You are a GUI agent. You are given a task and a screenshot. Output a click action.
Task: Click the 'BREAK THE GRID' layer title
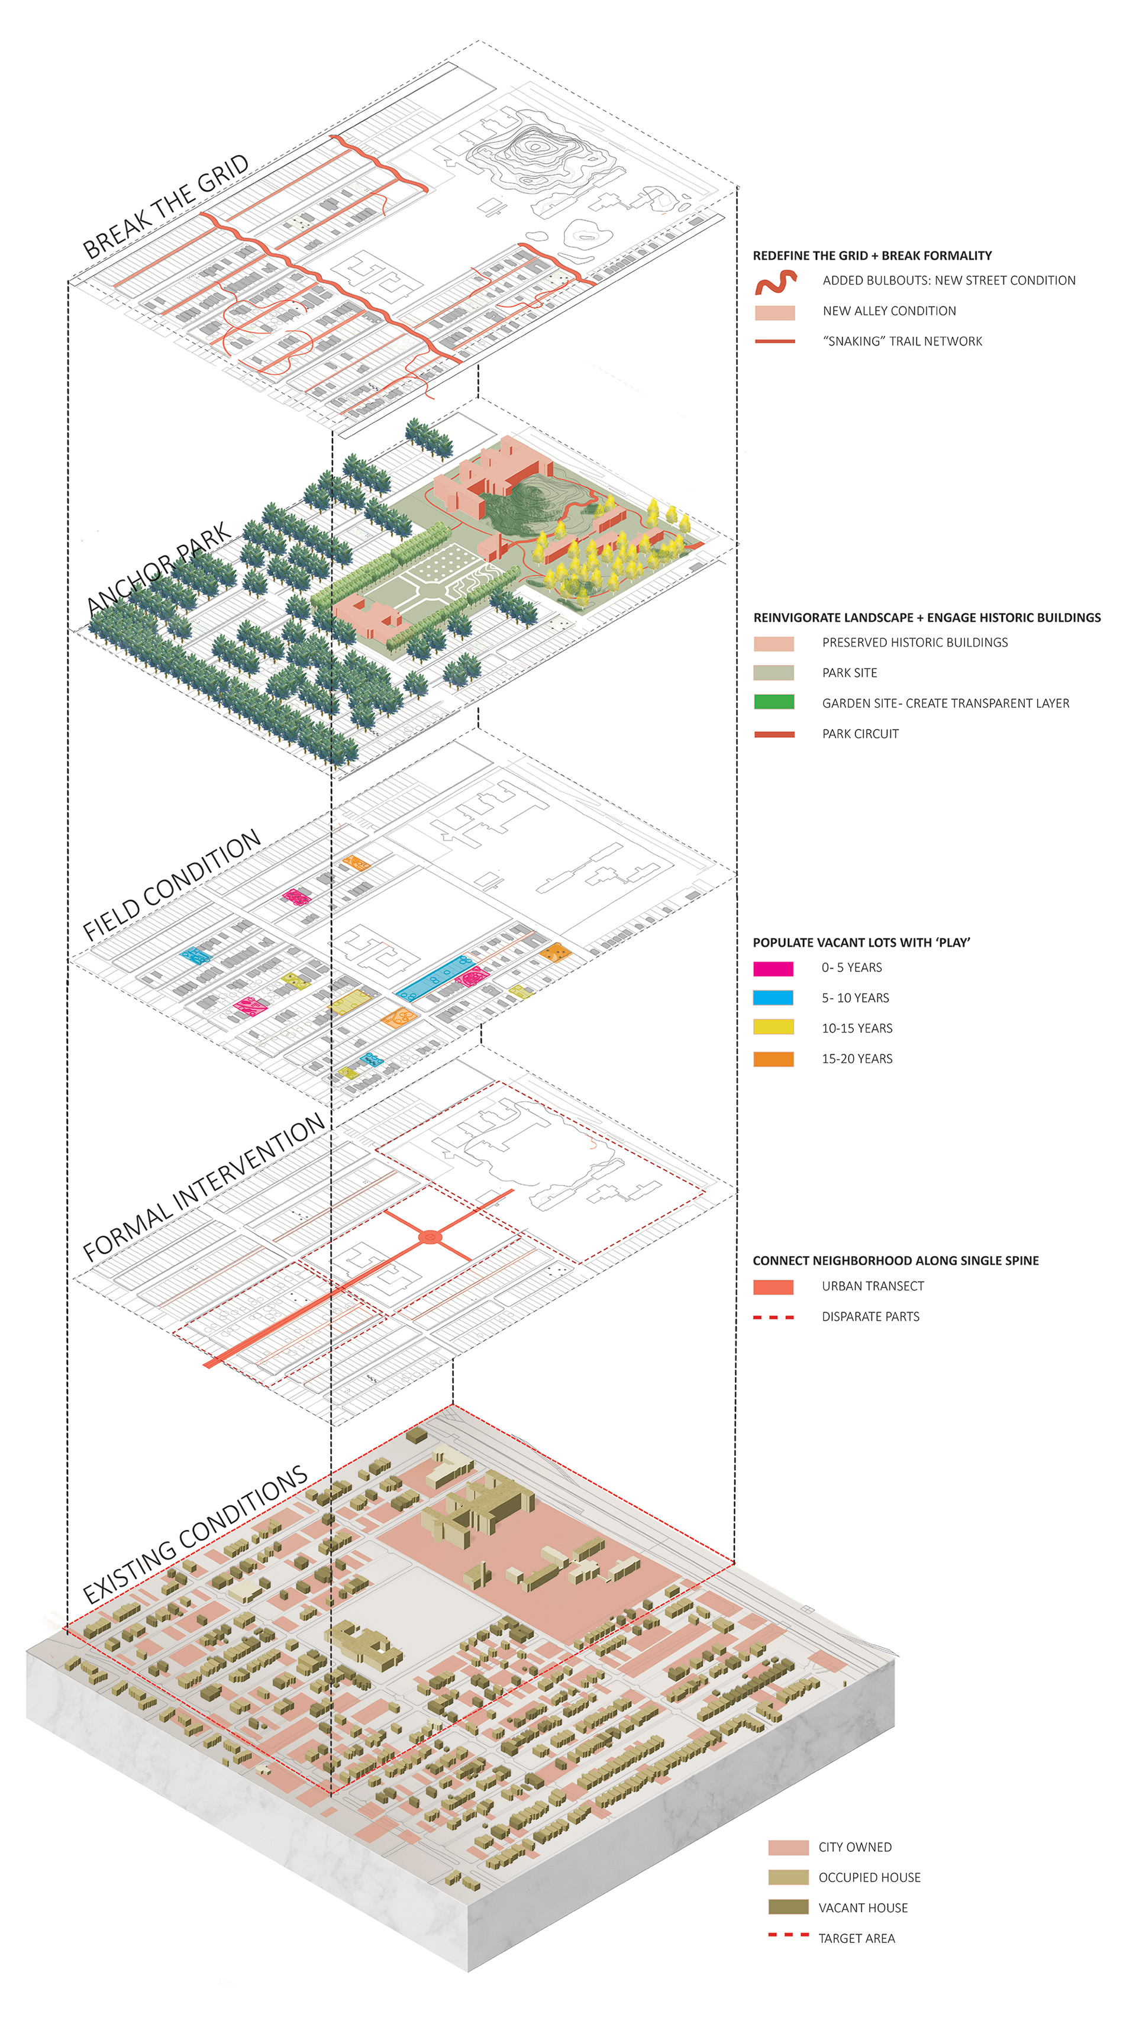tap(166, 206)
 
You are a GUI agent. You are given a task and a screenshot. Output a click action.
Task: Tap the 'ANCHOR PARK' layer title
tap(160, 567)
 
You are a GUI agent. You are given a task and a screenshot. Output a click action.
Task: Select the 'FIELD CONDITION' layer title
tap(171, 885)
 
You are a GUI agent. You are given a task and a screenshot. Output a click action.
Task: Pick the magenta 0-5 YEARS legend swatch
tap(773, 968)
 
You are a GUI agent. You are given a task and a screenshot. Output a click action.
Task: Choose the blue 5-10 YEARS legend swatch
tap(773, 998)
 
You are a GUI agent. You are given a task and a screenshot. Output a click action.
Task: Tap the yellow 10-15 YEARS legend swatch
tap(773, 1028)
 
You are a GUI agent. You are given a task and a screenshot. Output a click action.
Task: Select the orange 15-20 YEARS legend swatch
tap(773, 1058)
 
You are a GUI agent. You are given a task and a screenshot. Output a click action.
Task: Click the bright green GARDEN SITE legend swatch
tap(774, 702)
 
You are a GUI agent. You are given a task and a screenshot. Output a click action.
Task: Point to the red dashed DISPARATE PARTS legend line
tap(773, 1317)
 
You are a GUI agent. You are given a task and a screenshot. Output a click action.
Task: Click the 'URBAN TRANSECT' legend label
tap(873, 1286)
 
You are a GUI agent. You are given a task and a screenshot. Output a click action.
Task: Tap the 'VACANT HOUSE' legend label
tap(863, 1907)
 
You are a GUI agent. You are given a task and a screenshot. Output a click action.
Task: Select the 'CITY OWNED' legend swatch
tap(788, 1847)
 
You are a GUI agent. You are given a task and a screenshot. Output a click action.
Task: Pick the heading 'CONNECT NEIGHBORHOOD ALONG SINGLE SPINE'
tap(896, 1261)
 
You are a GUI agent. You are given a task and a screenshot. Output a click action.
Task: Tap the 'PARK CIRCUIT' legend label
tap(860, 734)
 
